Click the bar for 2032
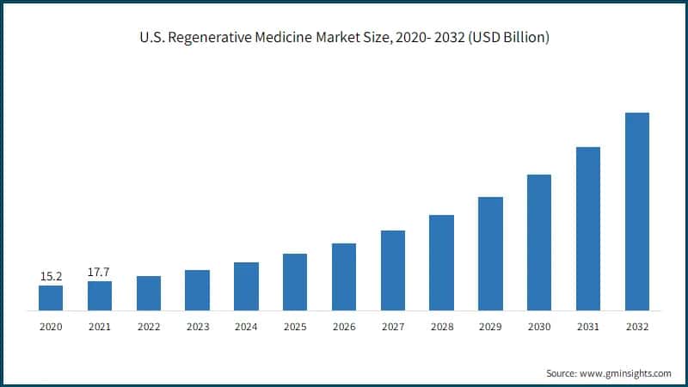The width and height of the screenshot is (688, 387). [636, 211]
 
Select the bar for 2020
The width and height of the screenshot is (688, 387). [51, 298]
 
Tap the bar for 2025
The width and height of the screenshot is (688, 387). [295, 281]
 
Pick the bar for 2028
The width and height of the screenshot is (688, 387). [441, 262]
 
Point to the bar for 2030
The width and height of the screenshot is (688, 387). [539, 242]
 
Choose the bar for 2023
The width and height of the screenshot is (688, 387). [197, 290]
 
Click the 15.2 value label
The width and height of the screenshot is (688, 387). [51, 276]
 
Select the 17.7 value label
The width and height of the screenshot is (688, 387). [100, 272]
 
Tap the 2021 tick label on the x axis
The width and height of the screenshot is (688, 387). [100, 327]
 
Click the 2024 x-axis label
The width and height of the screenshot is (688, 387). [246, 327]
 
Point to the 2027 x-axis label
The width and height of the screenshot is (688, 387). [393, 327]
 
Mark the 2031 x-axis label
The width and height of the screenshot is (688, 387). [588, 327]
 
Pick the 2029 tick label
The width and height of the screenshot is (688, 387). [490, 327]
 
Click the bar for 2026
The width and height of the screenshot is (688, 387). [344, 276]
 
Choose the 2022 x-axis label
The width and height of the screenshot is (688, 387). [149, 327]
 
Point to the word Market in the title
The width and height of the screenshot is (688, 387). [341, 40]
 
